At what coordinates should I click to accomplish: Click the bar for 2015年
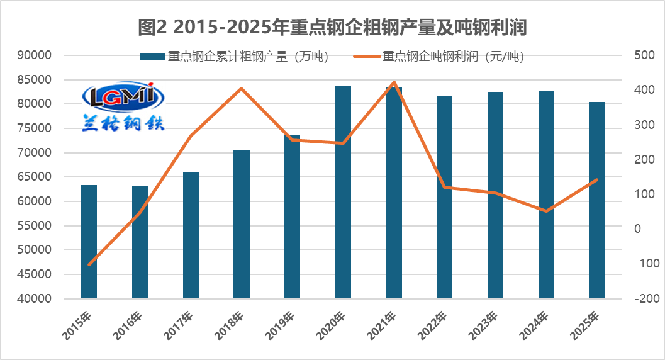point(89,242)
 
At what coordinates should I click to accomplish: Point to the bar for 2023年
point(495,195)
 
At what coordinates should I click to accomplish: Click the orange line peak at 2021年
point(394,82)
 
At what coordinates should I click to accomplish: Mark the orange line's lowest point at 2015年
point(89,264)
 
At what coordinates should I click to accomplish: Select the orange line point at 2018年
point(242,89)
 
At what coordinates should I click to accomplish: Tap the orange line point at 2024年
point(546,211)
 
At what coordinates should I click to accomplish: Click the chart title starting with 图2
point(332,27)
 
